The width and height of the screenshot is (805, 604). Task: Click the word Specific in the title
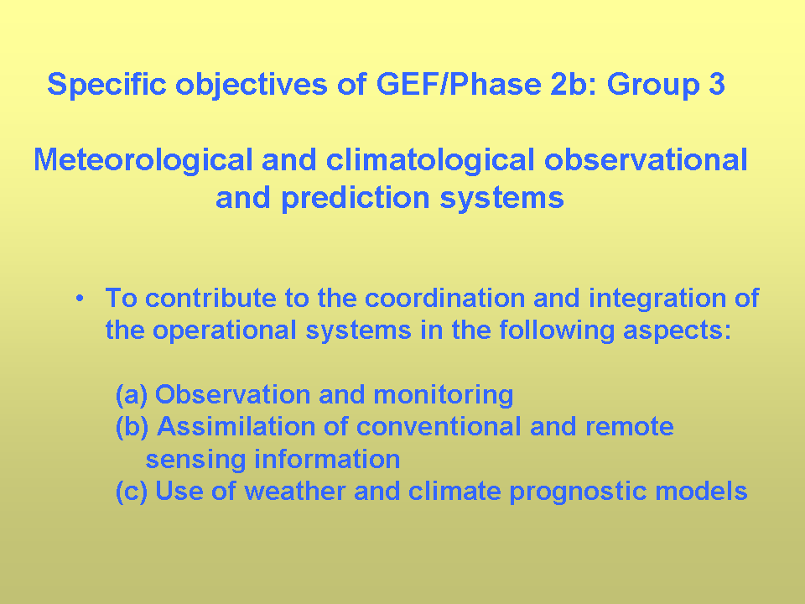tap(106, 84)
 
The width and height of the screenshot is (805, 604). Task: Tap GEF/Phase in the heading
tap(459, 83)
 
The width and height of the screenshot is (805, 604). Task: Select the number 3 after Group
tap(717, 84)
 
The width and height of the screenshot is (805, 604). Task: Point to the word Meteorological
tap(143, 159)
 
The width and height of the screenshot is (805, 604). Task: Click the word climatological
tap(430, 159)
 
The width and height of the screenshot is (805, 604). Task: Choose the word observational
tap(646, 159)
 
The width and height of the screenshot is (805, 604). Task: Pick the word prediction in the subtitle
tap(356, 198)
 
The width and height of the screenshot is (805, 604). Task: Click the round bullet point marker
tap(80, 299)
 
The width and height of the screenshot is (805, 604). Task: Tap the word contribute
tap(210, 298)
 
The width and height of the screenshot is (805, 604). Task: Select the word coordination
tap(444, 298)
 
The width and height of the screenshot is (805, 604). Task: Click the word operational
tap(225, 331)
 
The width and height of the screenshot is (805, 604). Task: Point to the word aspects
tap(678, 331)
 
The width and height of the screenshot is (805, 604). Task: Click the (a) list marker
tap(132, 394)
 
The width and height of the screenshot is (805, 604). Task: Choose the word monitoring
tap(443, 395)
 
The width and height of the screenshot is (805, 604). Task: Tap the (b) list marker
tap(132, 427)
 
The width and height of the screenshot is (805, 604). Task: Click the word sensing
tap(195, 460)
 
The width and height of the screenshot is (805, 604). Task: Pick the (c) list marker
tap(132, 491)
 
